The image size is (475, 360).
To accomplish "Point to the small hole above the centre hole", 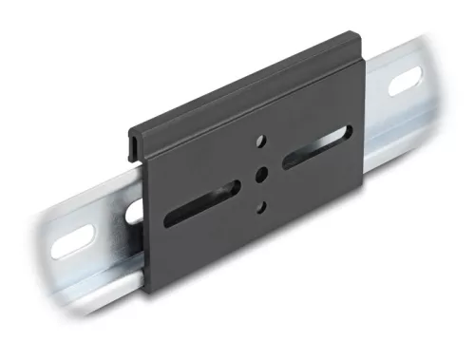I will pos(258,143).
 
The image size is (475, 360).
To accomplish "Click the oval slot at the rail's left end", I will pos(72,241).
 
